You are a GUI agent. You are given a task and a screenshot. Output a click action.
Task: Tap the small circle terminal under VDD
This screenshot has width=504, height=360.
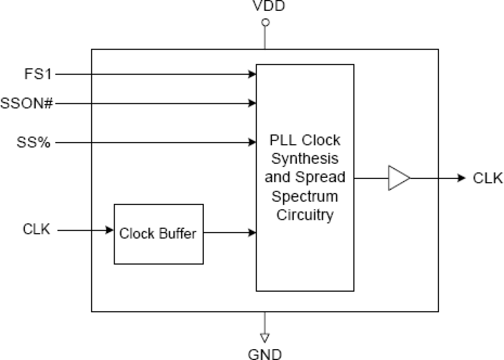click(265, 22)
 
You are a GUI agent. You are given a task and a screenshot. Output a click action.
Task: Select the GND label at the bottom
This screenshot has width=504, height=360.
click(265, 354)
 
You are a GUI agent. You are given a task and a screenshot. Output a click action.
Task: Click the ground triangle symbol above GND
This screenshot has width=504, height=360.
click(265, 336)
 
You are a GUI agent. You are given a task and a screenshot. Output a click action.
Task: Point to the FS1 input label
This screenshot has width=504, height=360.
click(37, 74)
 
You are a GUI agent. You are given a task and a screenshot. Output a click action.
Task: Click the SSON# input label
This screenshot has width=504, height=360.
click(26, 104)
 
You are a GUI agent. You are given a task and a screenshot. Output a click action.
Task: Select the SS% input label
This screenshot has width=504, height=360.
click(34, 142)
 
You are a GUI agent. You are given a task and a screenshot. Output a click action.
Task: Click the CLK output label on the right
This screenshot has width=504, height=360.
click(488, 178)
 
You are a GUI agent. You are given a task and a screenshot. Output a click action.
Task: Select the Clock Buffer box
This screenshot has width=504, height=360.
click(159, 234)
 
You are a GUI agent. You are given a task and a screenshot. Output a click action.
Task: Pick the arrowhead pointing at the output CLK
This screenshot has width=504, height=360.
click(462, 178)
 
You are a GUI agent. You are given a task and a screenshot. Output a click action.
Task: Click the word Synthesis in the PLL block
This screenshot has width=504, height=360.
click(305, 159)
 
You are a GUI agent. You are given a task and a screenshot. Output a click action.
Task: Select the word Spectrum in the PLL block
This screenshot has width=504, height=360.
click(305, 196)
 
